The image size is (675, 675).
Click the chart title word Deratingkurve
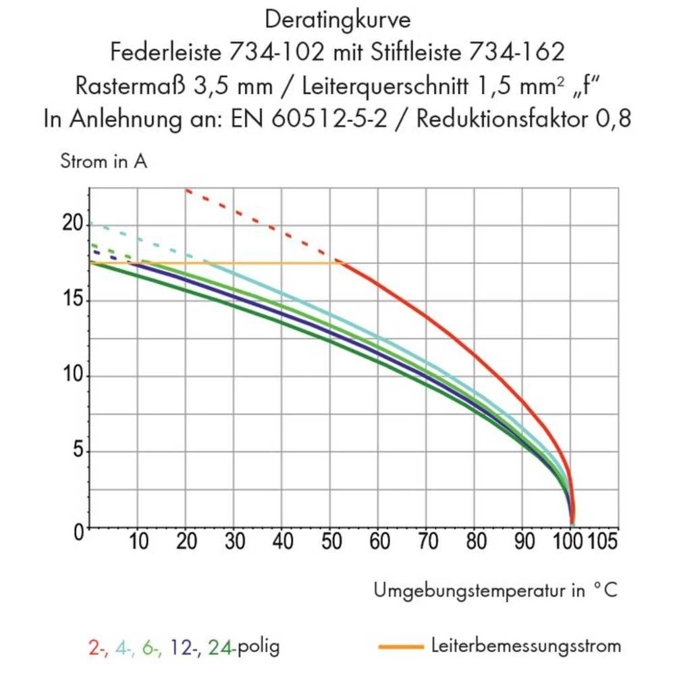pos(337,20)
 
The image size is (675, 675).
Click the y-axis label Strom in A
pos(103,162)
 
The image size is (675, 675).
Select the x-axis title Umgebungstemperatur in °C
pos(495,591)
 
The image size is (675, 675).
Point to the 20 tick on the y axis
pos(73,224)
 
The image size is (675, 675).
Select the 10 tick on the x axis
pos(138,542)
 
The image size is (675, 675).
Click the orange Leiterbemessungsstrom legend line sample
pos(401,647)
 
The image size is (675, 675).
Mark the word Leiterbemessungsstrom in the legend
pos(525,646)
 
